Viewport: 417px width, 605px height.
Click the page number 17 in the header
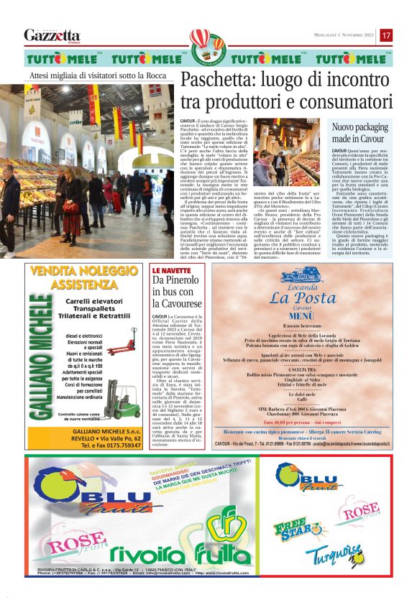[x=386, y=35]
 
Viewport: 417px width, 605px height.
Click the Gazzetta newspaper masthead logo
[x=52, y=35]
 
